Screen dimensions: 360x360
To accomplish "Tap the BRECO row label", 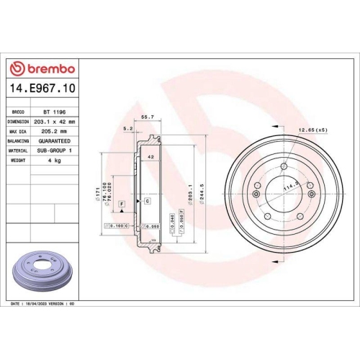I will click(19, 113).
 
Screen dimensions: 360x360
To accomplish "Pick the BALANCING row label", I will click(19, 141).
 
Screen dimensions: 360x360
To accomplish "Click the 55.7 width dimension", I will click(147, 116).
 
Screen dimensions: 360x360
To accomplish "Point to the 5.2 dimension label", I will click(129, 128).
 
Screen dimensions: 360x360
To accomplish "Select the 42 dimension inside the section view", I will click(150, 156).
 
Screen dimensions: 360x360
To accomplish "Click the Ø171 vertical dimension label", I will click(96, 192).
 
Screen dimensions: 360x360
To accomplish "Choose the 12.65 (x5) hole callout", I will click(311, 130).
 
